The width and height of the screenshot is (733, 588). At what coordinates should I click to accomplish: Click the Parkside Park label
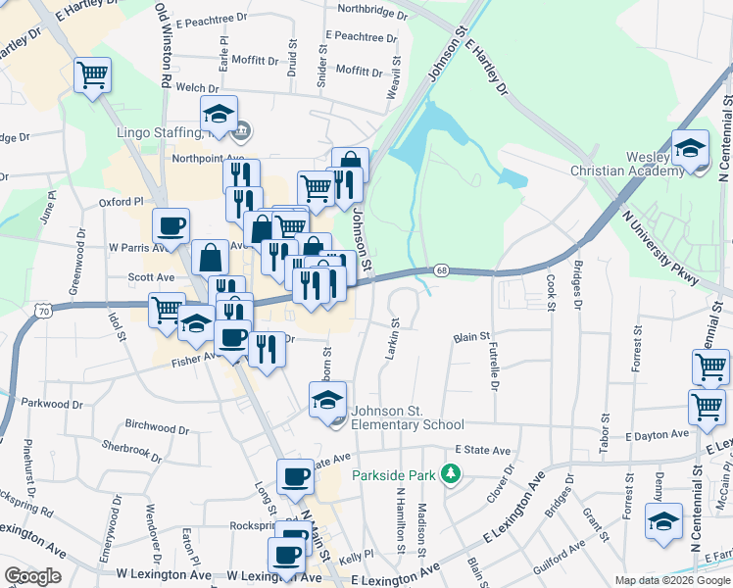tap(394, 475)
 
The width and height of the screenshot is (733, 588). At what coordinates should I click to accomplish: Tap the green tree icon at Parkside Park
tap(451, 474)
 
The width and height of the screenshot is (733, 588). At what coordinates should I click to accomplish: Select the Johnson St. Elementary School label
tap(408, 417)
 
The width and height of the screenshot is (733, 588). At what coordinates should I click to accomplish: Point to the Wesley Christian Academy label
tap(628, 164)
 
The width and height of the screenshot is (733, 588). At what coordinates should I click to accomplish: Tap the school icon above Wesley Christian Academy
tap(691, 147)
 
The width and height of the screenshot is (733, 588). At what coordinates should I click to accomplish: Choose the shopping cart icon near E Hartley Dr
tap(92, 73)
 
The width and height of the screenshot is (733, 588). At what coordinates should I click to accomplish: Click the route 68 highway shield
tap(442, 270)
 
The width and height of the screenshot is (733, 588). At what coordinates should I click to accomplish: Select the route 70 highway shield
tap(44, 311)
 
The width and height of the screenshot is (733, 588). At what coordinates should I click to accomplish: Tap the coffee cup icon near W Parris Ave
tap(171, 225)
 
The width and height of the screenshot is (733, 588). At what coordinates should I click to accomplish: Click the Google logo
tap(32, 576)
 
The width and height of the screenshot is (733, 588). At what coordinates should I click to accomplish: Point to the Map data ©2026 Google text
tap(672, 580)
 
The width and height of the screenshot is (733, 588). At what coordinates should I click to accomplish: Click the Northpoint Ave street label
tap(207, 158)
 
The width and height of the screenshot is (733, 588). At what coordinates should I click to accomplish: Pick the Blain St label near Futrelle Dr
tap(471, 337)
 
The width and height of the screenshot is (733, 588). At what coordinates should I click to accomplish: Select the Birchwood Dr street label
tap(157, 428)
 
